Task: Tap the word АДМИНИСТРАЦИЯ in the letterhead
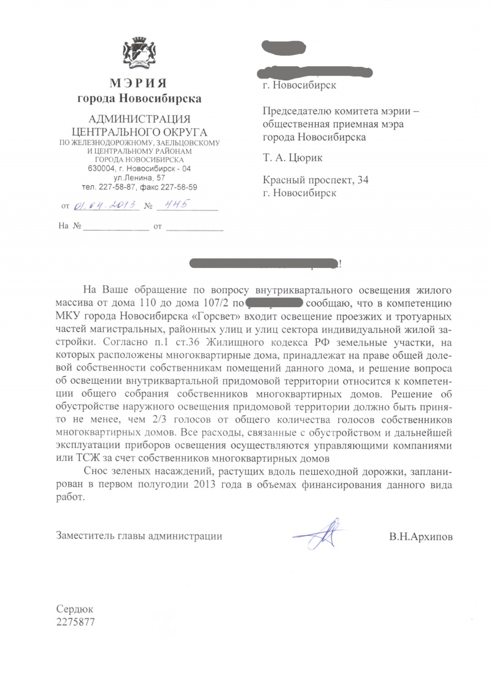[x=139, y=119]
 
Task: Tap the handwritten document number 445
[x=174, y=206]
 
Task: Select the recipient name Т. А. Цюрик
[x=292, y=159]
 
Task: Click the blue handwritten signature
[x=319, y=533]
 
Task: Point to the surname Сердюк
[x=75, y=611]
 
